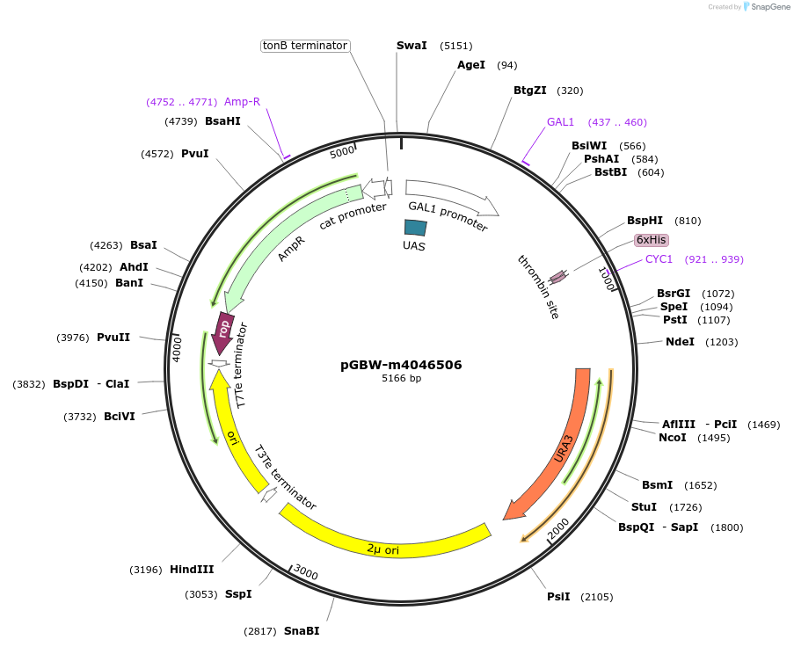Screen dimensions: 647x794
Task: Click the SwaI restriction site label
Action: point(412,45)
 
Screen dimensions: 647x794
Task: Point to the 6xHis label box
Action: point(652,240)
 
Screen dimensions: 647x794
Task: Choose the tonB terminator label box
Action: point(305,46)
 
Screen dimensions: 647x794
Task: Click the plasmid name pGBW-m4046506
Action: point(401,365)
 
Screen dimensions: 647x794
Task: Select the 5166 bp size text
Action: point(401,379)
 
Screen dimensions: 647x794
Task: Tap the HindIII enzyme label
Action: point(192,570)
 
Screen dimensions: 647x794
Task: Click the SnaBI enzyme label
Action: point(301,631)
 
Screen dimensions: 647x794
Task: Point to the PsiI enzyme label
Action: point(558,597)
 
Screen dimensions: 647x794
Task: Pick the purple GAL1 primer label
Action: point(560,122)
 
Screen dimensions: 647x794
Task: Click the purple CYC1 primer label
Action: point(659,259)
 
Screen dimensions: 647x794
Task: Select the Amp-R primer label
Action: point(242,102)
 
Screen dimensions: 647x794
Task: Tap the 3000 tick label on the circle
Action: point(305,573)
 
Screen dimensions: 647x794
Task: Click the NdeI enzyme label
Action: point(680,342)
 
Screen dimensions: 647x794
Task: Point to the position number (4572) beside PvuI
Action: point(157,154)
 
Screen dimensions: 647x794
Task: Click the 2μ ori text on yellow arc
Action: point(383,549)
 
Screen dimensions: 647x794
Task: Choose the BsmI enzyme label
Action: point(657,485)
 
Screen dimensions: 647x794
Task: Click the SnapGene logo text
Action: point(768,7)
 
